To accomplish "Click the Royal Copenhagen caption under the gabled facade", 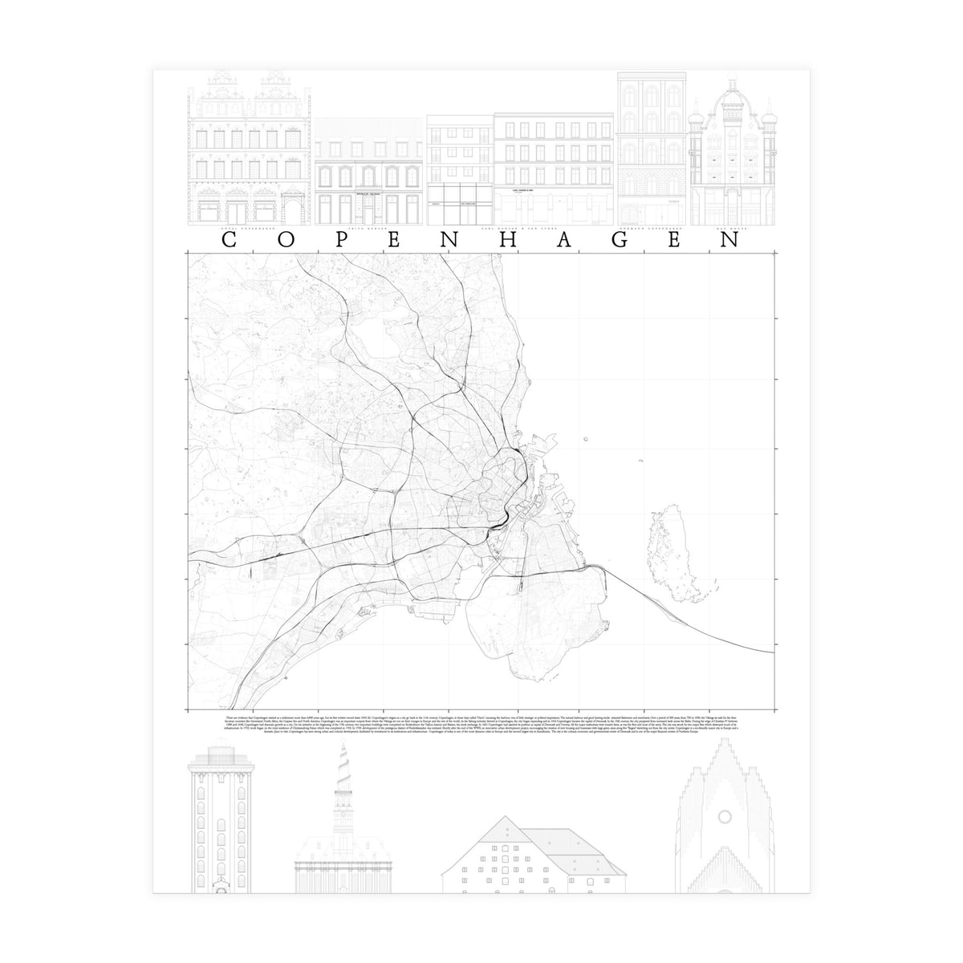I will pos(248,229).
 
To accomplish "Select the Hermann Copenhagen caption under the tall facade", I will pos(652,229).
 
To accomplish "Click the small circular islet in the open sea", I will pos(587,438).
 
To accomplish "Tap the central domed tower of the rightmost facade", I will pos(733,104).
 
